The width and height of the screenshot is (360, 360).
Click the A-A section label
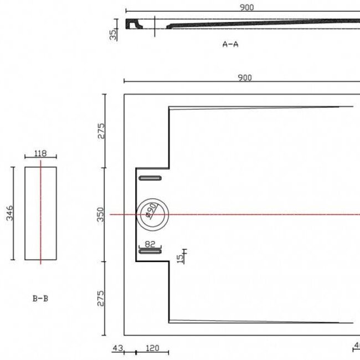pos(230,44)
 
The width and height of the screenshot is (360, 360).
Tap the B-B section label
pos(40,298)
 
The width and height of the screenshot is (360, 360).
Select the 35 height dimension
pos(113,34)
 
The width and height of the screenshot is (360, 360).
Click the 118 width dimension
pos(40,154)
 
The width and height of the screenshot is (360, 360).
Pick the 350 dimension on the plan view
pos(101,214)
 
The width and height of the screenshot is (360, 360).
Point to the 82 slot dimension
pos(150,243)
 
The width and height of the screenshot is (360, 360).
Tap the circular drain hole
pos(150,213)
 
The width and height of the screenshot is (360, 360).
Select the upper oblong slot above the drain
pos(150,178)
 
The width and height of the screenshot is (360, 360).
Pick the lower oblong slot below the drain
pos(150,251)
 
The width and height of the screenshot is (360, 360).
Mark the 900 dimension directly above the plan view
pos(244,78)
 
